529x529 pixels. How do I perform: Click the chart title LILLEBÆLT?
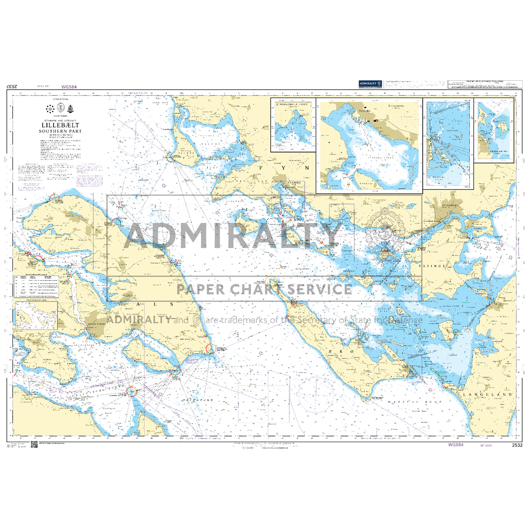60,125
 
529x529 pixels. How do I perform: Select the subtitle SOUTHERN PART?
60,131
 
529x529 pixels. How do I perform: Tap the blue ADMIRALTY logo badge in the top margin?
370,84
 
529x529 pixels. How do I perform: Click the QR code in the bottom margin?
34,445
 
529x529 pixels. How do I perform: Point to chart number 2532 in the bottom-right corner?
517,445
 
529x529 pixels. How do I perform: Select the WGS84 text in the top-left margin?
69,87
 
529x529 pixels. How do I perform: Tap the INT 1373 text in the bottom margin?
485,445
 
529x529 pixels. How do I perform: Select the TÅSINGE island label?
432,265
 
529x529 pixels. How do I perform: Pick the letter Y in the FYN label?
284,168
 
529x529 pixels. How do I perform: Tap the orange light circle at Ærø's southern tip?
366,397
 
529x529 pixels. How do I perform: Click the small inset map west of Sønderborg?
36,316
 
